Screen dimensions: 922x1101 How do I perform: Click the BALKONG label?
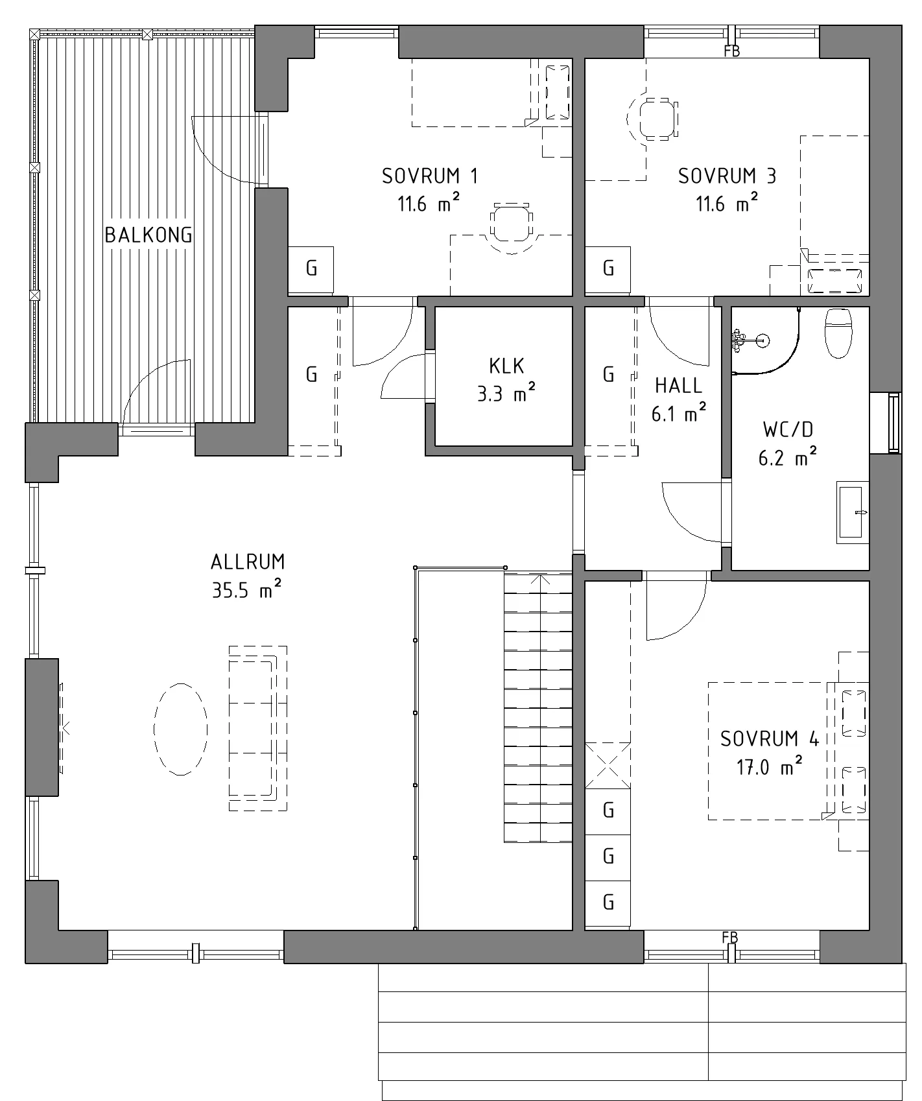click(148, 235)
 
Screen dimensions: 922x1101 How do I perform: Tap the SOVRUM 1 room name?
click(430, 176)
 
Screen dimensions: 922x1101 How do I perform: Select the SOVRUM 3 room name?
click(727, 176)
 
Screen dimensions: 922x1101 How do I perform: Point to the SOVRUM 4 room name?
click(770, 739)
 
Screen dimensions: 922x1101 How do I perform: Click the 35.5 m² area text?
click(247, 590)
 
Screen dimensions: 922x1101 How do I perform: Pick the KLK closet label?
click(506, 366)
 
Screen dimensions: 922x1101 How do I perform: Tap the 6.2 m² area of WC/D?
click(787, 458)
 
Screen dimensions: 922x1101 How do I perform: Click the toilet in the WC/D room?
click(838, 333)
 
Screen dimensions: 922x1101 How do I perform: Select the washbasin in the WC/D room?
click(852, 512)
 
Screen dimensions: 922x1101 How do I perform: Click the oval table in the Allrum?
click(181, 729)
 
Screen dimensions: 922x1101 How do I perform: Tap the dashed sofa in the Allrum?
click(258, 728)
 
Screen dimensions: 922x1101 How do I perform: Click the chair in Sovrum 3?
click(656, 118)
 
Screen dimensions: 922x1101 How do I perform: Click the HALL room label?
click(678, 386)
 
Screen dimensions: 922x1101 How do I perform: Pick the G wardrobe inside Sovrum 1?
click(311, 269)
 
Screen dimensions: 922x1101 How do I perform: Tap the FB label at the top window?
click(732, 52)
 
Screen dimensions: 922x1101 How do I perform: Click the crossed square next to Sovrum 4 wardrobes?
click(608, 765)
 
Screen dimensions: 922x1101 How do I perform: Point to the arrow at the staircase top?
click(540, 580)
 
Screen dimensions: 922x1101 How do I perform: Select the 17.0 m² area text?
click(770, 768)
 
